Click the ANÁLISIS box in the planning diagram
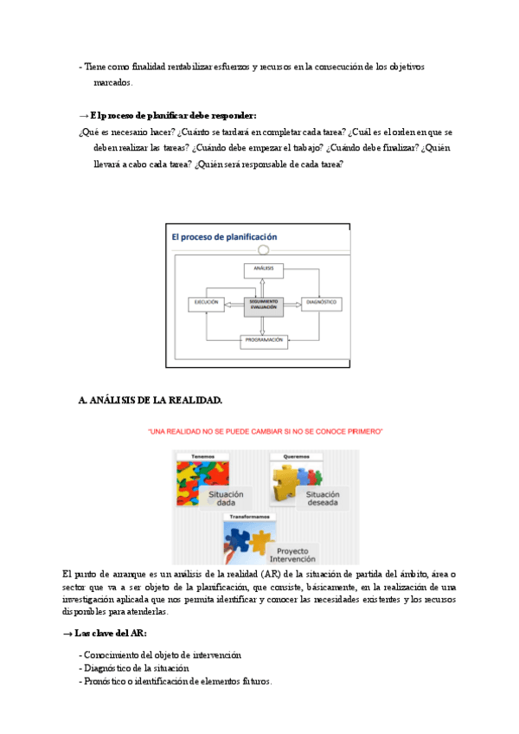point(264,269)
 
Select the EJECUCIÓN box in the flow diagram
point(206,303)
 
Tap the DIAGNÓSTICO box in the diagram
point(320,303)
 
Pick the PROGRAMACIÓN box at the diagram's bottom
point(264,340)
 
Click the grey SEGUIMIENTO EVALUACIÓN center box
point(264,304)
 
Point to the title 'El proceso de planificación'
point(224,236)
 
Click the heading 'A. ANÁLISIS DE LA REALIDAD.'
point(150,400)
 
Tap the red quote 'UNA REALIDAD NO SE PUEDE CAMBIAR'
point(266,430)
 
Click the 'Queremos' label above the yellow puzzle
point(296,456)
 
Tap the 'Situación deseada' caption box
point(323,497)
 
